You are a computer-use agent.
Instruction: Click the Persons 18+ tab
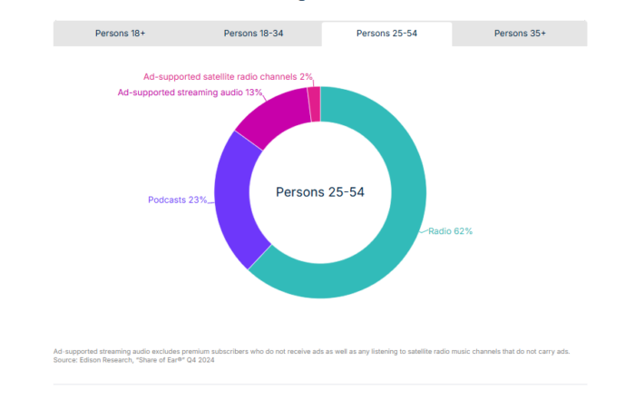click(120, 34)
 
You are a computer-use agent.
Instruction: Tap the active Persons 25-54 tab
click(386, 34)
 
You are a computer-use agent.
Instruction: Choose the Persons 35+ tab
click(520, 34)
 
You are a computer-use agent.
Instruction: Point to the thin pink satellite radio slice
click(314, 103)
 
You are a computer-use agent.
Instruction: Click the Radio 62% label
click(451, 231)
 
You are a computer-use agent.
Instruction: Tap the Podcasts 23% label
click(177, 200)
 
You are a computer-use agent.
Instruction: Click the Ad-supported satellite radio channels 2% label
click(228, 77)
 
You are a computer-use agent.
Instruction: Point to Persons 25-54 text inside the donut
click(319, 192)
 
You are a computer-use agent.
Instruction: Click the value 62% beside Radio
click(463, 231)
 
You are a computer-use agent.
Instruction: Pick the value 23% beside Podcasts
click(197, 200)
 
